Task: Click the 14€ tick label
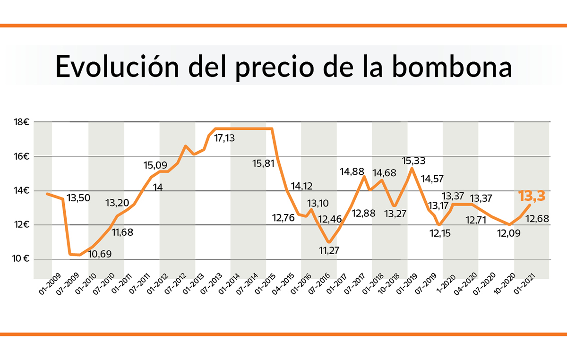pos(22,191)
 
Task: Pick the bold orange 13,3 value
pos(532,196)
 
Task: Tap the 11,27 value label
pos(329,250)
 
